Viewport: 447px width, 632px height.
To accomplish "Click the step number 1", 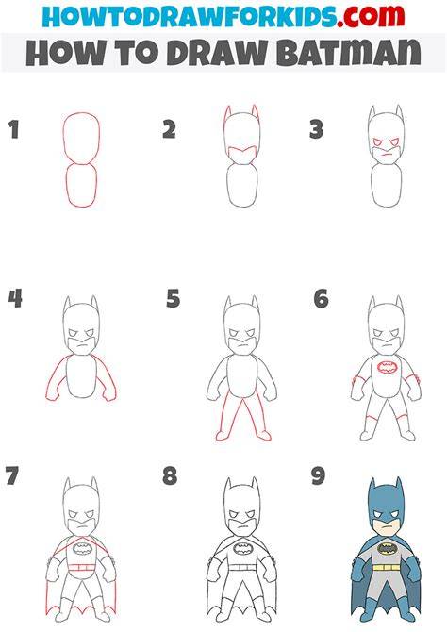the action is [x=14, y=130].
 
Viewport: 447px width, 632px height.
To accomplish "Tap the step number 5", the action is [x=173, y=299].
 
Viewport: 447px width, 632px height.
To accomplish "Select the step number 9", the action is [x=318, y=475].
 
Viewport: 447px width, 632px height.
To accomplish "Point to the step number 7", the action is [x=12, y=475].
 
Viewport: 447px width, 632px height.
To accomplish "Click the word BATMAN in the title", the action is [x=349, y=53].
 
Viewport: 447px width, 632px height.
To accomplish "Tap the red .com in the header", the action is [x=371, y=15].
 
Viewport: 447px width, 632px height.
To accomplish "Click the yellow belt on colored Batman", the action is [x=387, y=567].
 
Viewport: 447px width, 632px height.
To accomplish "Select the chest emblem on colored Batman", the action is [x=387, y=548].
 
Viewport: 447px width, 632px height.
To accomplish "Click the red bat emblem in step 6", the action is [x=387, y=368].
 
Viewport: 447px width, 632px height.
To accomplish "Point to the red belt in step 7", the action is [x=81, y=568].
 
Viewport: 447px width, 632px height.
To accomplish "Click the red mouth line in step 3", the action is [x=387, y=154].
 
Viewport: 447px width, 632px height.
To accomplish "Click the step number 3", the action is [x=316, y=130].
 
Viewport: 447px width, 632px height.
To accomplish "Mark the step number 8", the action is [x=170, y=475].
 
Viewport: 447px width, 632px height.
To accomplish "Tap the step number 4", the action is [x=15, y=299].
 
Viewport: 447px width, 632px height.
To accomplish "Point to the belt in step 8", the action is [x=243, y=567].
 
